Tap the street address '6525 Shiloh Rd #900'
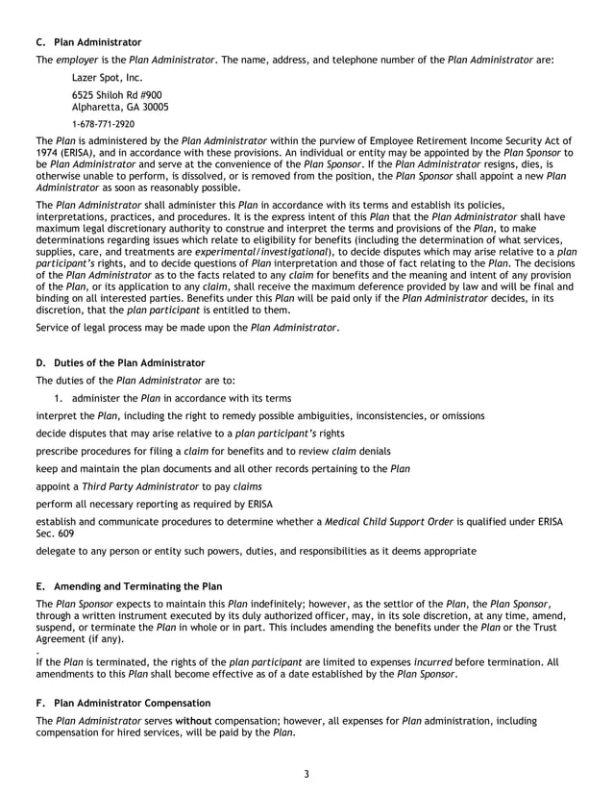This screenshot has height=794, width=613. click(x=117, y=95)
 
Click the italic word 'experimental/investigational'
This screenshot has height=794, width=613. click(x=262, y=251)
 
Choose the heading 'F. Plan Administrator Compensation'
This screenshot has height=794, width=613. click(x=122, y=704)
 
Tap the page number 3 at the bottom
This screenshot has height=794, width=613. click(x=306, y=775)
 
